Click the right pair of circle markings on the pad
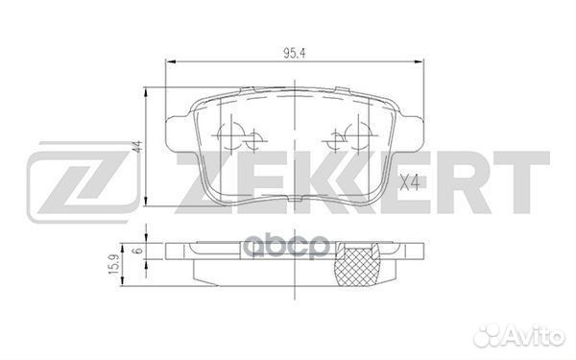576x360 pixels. point(342,140)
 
